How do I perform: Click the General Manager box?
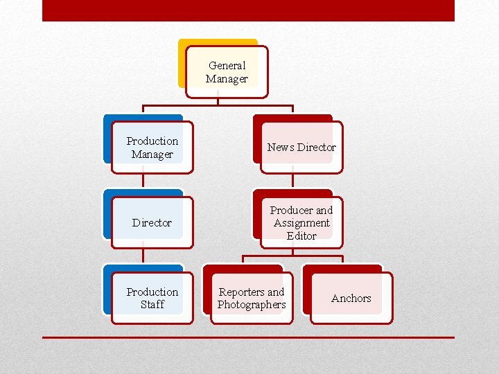pos(227,73)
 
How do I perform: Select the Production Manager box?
pos(152,148)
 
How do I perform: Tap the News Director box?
pos(301,148)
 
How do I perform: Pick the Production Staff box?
pos(152,299)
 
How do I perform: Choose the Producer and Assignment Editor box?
pos(301,223)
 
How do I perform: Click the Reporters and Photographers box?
pos(252,299)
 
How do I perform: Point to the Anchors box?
pos(351,299)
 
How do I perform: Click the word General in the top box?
pos(227,66)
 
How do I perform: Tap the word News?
pos(281,148)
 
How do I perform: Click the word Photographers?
pos(252,305)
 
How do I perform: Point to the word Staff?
pos(152,305)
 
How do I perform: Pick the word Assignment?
pos(301,223)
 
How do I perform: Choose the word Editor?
pos(301,235)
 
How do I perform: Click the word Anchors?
pos(351,299)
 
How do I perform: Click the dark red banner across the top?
pos(248,10)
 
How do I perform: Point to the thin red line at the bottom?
pos(248,337)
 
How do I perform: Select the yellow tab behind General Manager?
pos(183,62)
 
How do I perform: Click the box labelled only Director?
pos(152,223)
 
